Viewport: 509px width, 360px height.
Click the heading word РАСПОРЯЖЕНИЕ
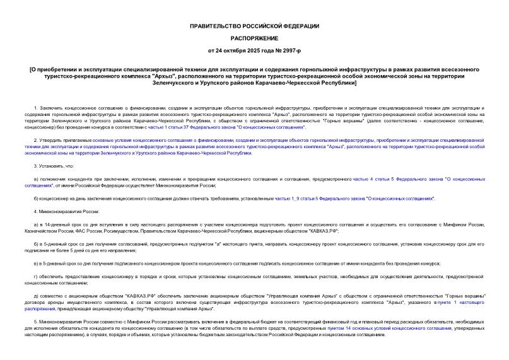click(255, 37)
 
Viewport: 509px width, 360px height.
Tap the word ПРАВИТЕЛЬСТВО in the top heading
click(218, 26)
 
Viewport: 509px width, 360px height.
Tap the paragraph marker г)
click(35, 277)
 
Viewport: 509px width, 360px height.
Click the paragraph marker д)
click(35, 296)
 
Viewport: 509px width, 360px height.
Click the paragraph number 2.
click(36, 139)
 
